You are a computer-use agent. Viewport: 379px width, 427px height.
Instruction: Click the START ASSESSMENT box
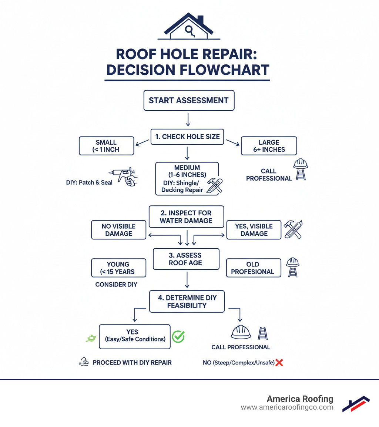[189, 100]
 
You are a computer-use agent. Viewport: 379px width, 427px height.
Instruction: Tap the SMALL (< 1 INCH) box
[106, 146]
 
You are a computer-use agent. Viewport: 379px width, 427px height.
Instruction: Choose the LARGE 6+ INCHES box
[269, 146]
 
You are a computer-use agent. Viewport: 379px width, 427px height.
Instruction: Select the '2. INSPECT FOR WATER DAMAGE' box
[186, 216]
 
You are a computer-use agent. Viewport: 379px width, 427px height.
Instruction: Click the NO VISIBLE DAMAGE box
[118, 230]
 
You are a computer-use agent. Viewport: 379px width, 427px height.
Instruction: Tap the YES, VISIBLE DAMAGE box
[254, 230]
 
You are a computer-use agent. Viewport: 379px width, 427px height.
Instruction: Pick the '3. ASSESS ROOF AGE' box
[186, 259]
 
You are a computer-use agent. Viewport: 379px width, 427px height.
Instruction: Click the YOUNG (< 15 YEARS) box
[118, 268]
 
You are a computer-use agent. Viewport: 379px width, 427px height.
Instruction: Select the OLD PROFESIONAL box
[254, 268]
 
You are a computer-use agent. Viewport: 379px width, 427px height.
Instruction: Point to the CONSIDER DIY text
[116, 285]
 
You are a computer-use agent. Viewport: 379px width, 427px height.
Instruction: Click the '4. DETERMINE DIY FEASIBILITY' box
[187, 302]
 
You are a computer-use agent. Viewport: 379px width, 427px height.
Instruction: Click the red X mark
[279, 363]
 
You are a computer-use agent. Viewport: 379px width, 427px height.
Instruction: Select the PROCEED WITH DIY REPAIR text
[132, 363]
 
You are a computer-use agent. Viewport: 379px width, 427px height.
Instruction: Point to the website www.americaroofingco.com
[287, 407]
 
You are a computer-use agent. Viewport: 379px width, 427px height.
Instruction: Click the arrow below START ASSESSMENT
[188, 120]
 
